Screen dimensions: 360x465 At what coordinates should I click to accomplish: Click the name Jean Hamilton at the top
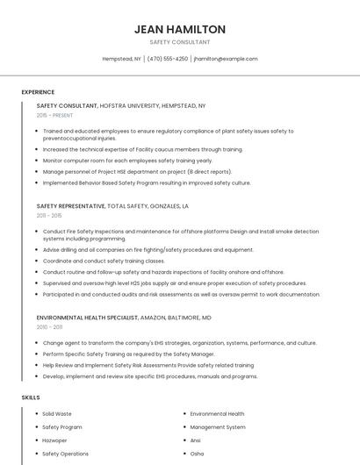180,29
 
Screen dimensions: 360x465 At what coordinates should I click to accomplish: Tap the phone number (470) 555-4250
168,59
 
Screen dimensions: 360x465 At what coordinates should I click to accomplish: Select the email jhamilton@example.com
226,59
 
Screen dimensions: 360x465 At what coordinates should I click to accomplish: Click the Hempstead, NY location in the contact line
122,59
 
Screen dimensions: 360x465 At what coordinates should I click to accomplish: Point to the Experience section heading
38,91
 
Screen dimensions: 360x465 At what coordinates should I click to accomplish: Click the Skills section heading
31,397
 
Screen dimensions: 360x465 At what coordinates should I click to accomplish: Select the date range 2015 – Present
54,115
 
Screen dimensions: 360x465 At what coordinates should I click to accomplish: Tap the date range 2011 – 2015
49,215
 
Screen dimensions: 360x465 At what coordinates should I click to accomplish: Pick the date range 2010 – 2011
49,326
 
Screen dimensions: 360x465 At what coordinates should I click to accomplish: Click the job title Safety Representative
70,205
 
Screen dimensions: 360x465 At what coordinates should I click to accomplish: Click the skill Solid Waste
57,413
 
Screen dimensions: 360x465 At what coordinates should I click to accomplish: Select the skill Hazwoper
54,440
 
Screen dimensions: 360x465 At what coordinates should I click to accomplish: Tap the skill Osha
197,454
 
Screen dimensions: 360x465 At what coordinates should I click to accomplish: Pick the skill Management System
218,427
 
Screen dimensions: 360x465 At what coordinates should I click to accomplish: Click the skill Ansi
196,440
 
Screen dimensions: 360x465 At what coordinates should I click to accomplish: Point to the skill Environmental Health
217,413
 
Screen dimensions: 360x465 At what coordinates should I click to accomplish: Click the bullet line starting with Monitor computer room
127,161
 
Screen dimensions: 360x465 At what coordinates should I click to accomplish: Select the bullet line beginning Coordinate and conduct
104,261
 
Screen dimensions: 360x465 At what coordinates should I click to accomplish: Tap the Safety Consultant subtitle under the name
180,42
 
